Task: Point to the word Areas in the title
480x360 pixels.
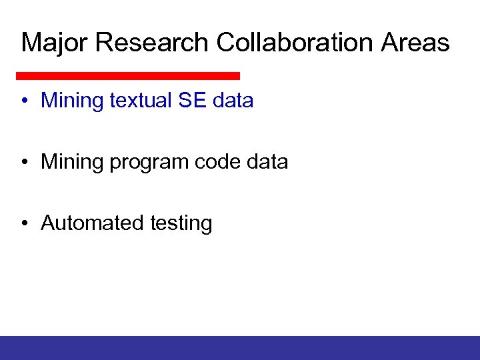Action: (x=416, y=43)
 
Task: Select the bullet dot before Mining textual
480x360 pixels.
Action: (x=25, y=101)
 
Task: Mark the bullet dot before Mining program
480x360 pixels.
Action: (x=25, y=163)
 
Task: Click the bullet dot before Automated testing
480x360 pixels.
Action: (x=25, y=224)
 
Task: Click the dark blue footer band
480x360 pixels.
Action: (x=240, y=347)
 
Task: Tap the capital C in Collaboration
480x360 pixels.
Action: (x=225, y=43)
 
